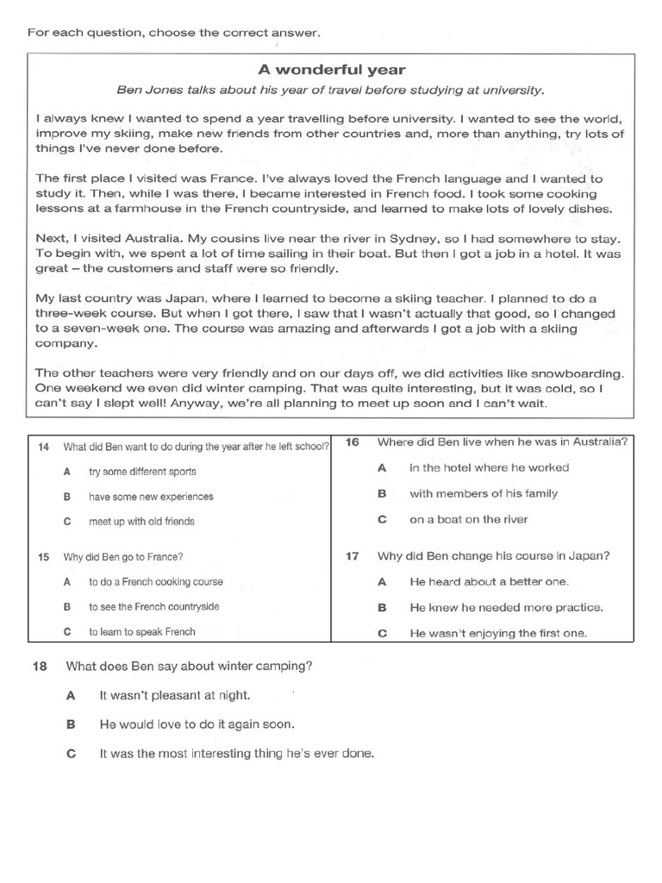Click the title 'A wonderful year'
point(332,69)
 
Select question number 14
point(43,447)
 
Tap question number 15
point(43,557)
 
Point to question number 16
point(352,442)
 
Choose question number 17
point(352,556)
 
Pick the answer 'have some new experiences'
point(151,497)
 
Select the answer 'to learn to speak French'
point(141,632)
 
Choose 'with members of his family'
point(483,494)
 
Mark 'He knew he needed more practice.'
point(506,607)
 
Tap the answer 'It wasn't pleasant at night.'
point(175,695)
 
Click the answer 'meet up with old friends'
point(141,522)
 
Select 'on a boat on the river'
point(468,519)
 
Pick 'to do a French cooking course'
point(155,582)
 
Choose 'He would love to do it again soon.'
point(197,724)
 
